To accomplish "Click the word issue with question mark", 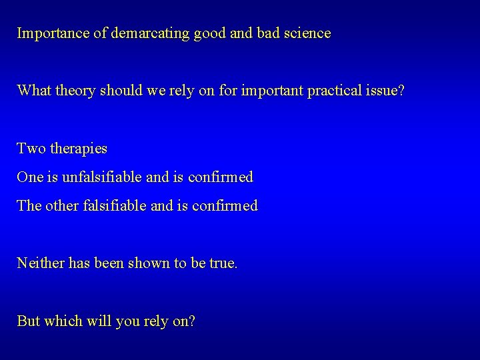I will (x=385, y=90).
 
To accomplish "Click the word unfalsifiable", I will (x=103, y=177).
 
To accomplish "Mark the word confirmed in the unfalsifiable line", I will (x=221, y=177).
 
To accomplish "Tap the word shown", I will (x=149, y=263).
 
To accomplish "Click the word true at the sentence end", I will (x=222, y=263).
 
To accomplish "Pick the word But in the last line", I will (x=29, y=321).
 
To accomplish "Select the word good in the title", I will (x=210, y=33).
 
